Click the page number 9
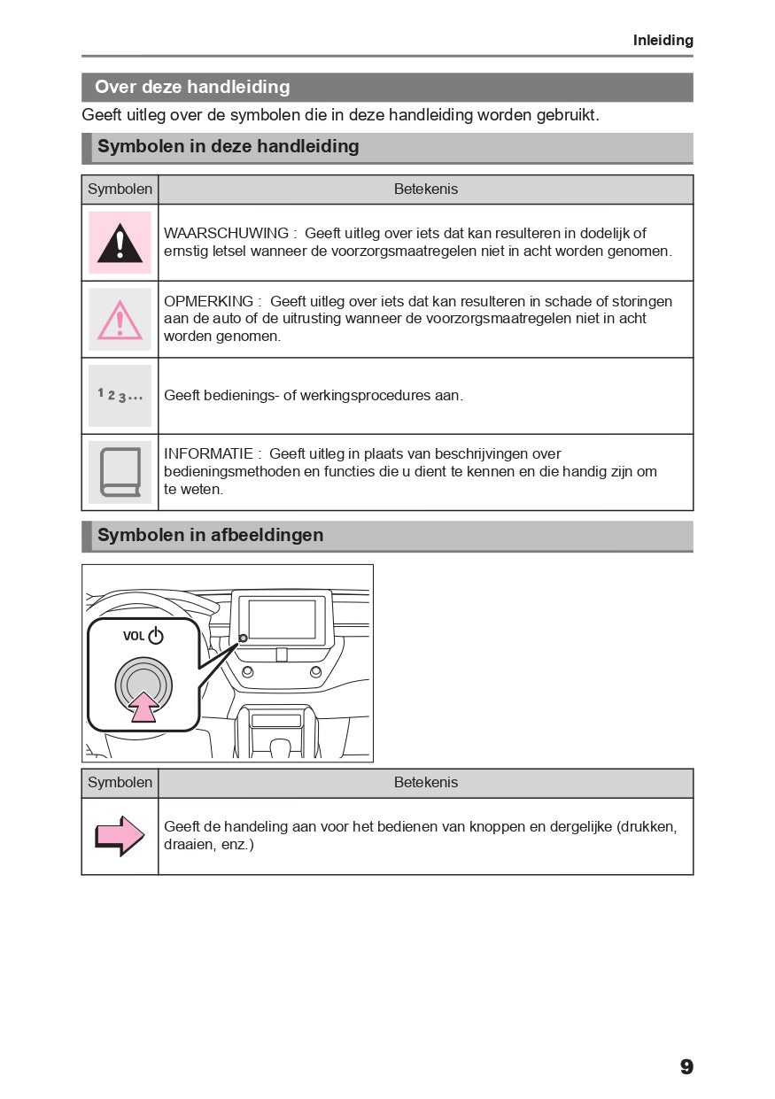686,1067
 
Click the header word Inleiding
663,41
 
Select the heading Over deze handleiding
192,87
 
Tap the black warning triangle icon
120,243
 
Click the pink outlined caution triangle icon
120,320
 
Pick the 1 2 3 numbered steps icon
120,395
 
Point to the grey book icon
120,472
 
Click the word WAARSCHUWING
226,234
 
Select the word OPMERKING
208,302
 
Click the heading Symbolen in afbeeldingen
210,535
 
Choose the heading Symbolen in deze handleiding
228,146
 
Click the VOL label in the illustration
134,636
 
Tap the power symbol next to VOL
156,636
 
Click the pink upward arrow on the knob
143,706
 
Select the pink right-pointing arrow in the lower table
120,836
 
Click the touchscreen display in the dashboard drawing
282,618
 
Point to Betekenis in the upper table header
425,190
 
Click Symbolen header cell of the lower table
120,783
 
